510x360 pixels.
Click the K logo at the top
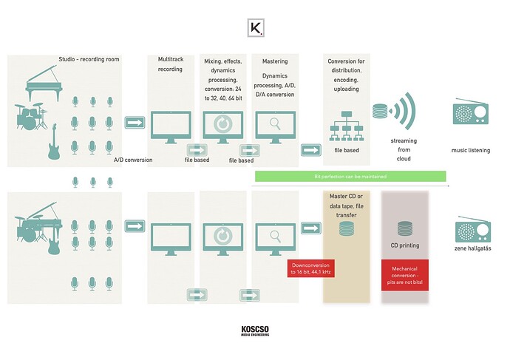[x=255, y=28]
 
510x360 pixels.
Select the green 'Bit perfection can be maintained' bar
[x=350, y=176]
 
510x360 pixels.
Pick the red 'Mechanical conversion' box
[x=404, y=274]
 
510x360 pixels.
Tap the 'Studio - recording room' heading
[x=89, y=59]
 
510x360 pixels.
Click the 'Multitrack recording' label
[x=170, y=64]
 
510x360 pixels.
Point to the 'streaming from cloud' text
[x=404, y=148]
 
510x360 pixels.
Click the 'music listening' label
[x=471, y=150]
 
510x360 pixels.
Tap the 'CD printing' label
[x=404, y=245]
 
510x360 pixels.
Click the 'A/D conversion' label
[x=132, y=159]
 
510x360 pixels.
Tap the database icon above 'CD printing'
[x=404, y=227]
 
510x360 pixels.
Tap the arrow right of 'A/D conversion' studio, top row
[x=135, y=122]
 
